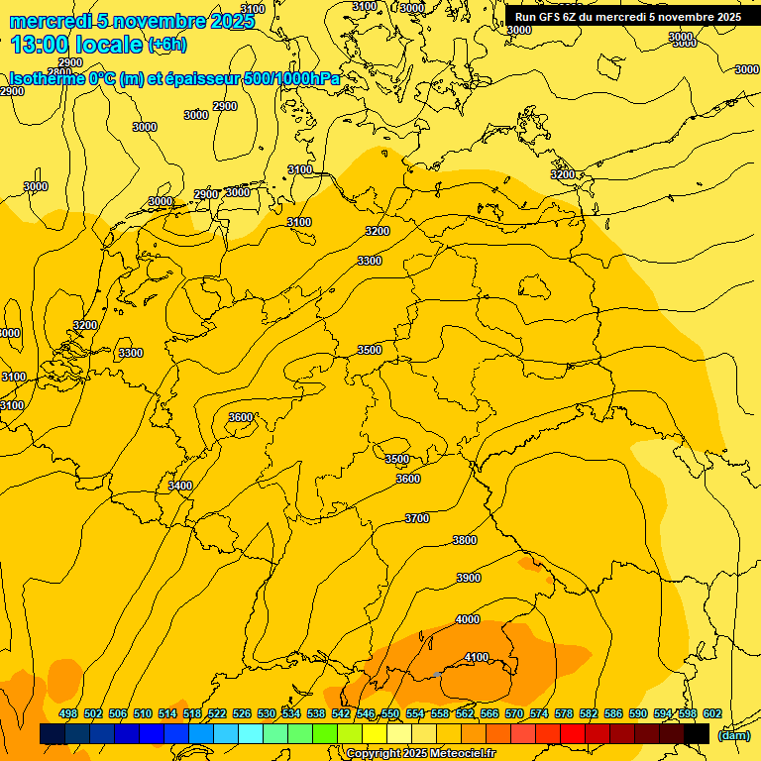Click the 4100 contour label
tap(477, 657)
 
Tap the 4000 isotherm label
tap(468, 619)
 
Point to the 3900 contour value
tap(468, 578)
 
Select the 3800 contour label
tap(464, 540)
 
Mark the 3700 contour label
tap(417, 518)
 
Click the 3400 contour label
tap(180, 486)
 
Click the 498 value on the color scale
tap(68, 713)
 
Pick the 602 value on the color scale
tap(711, 713)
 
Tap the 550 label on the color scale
tap(390, 713)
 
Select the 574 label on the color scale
tap(539, 713)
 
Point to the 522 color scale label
tap(217, 713)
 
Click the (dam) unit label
tap(733, 734)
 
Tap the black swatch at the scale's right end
tap(697, 734)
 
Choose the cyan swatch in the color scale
tap(251, 734)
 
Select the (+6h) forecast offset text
tap(166, 45)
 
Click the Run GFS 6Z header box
tap(628, 16)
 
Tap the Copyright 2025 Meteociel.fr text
tap(420, 753)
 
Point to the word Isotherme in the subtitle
tap(46, 79)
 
